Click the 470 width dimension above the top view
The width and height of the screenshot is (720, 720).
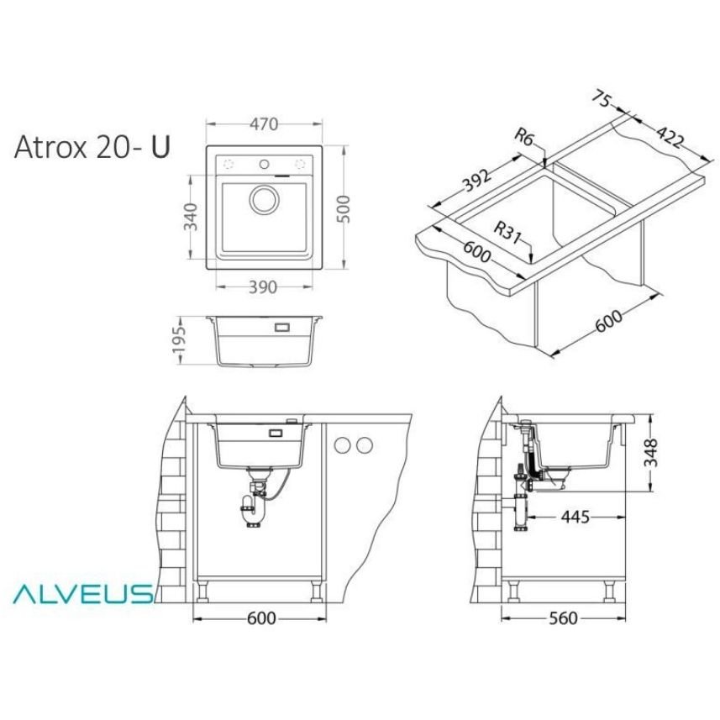coord(263,124)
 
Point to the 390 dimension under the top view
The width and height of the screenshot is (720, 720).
coord(263,286)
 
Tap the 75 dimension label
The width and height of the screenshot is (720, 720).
coord(601,99)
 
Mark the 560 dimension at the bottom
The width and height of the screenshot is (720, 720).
coord(562,618)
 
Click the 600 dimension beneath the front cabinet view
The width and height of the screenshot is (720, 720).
coord(261,618)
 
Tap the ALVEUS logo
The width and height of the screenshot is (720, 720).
coord(82,593)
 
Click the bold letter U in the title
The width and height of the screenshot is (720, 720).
coord(160,146)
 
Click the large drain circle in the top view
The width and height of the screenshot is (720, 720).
coord(264,199)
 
